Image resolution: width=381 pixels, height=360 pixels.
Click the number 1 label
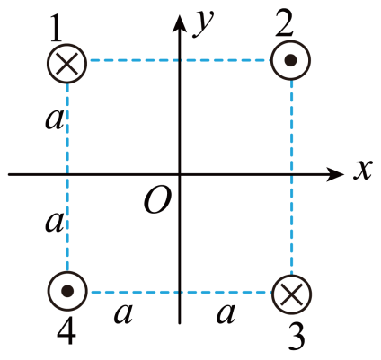coord(56,29)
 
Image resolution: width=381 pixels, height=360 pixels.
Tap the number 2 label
coord(284,24)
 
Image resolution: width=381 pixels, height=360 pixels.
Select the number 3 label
coord(297,337)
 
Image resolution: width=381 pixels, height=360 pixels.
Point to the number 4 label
coord(66,330)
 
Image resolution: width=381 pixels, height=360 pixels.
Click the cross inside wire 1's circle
coord(67,64)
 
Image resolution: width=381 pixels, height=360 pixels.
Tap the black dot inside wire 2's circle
coord(290,60)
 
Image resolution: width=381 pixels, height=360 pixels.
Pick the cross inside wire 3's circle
coord(292,294)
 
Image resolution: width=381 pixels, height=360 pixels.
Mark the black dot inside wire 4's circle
coord(67,291)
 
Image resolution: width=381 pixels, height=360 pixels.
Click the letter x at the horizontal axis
coord(362,170)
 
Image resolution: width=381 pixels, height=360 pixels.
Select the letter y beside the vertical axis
coord(204,25)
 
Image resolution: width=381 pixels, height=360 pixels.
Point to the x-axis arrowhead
coord(334,174)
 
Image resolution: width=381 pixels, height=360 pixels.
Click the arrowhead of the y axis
coord(180,23)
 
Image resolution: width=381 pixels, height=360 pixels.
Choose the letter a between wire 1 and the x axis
coord(55,120)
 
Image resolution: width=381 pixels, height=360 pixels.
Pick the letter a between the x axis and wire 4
coord(55,223)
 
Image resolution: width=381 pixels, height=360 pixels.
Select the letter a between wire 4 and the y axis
coord(123,314)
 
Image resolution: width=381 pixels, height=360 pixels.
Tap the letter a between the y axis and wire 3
coord(226,314)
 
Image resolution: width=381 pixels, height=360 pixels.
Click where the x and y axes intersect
coord(180,174)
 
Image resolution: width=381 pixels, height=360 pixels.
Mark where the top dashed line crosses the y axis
coord(180,60)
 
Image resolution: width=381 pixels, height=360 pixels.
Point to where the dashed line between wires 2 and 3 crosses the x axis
coord(292,174)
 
